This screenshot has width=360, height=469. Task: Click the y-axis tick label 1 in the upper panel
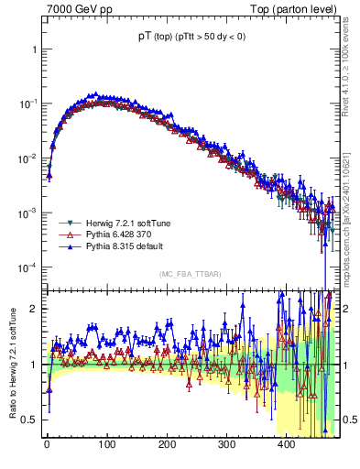[x=33, y=49]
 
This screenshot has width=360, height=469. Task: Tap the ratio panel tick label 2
[x=33, y=309]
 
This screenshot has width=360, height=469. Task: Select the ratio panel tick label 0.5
[x=29, y=420]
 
